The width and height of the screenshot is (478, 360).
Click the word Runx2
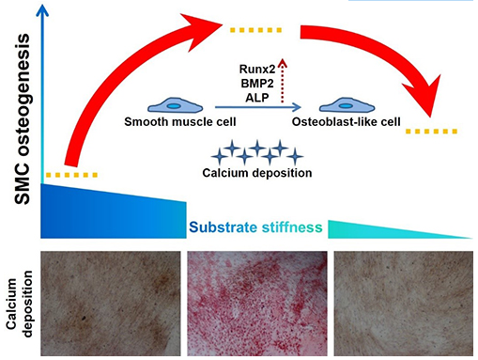[x=257, y=69]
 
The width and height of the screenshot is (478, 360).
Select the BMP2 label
[x=257, y=84]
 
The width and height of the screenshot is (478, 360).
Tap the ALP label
[x=257, y=98]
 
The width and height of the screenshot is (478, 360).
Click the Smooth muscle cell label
[x=180, y=121]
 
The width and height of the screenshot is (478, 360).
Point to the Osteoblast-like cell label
[x=346, y=121]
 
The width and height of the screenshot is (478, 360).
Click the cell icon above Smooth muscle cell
[x=175, y=105]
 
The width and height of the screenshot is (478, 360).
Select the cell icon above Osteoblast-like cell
[x=347, y=105]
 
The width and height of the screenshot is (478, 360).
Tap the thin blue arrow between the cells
[x=258, y=107]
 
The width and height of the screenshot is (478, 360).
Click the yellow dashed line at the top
[x=255, y=30]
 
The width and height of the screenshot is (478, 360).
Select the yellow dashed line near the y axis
[x=71, y=175]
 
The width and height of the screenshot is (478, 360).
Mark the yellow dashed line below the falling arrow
[x=431, y=132]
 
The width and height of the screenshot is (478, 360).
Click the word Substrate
[x=223, y=227]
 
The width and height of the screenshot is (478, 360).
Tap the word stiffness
[x=292, y=227]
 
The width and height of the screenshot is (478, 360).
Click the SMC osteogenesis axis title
[x=23, y=119]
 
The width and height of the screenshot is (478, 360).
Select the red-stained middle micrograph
[x=257, y=304]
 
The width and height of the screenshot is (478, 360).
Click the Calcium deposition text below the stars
[x=257, y=173]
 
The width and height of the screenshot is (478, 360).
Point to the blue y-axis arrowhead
[x=42, y=10]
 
